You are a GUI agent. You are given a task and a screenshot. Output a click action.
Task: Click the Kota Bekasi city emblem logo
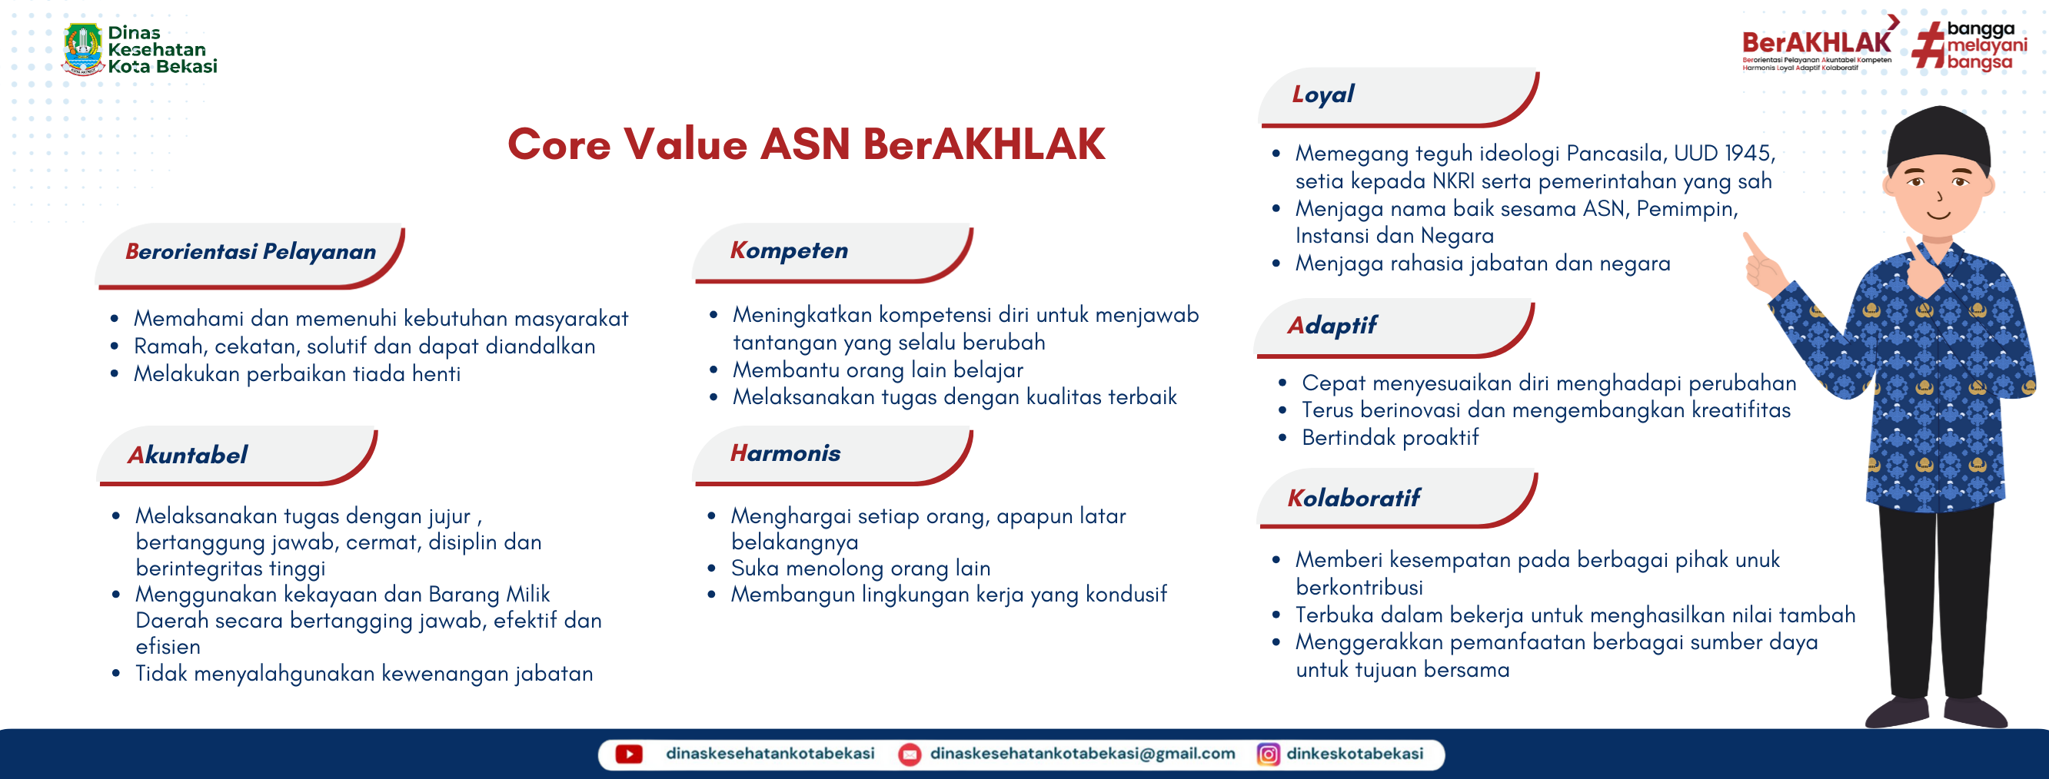click(83, 48)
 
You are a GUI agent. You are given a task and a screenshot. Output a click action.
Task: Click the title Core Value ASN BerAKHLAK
click(806, 144)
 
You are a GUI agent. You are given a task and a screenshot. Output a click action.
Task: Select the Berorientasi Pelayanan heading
click(251, 252)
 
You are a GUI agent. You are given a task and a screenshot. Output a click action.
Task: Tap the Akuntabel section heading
click(188, 456)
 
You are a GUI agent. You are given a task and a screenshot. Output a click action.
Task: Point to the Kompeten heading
click(789, 251)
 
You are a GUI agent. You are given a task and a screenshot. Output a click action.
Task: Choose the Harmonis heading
click(785, 454)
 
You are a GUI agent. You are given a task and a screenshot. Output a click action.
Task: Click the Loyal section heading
click(1322, 94)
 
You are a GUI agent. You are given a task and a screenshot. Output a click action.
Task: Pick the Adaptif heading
click(1332, 326)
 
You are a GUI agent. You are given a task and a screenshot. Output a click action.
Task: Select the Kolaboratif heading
click(1353, 499)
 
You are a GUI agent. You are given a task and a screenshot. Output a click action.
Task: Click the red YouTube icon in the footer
click(628, 754)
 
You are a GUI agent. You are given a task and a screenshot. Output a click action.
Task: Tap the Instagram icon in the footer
click(1268, 754)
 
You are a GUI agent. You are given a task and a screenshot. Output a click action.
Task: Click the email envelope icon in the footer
click(909, 754)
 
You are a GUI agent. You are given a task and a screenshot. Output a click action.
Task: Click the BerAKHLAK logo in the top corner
click(1816, 44)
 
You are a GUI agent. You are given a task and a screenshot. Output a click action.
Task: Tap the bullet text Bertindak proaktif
click(1389, 438)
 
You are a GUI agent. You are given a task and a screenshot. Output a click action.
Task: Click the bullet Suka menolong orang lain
click(860, 569)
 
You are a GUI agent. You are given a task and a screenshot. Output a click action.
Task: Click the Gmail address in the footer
click(1082, 754)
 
